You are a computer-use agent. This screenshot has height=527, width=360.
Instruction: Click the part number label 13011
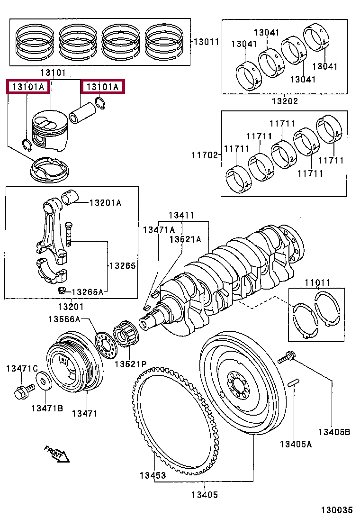(x=206, y=42)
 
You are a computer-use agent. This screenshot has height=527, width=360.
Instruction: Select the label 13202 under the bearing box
(x=285, y=101)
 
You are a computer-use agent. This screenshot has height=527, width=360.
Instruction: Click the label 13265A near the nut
(x=87, y=291)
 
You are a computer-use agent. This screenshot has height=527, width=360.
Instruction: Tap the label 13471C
(x=22, y=368)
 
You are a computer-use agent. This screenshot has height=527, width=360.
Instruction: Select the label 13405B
(x=334, y=432)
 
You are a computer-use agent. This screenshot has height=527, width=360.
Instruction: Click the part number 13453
(x=153, y=475)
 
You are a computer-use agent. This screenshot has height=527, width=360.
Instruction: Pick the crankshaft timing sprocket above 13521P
(x=126, y=337)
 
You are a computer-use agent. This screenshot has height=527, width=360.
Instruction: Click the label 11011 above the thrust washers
(x=317, y=283)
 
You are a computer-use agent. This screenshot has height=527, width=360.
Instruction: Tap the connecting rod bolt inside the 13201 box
(x=69, y=233)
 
